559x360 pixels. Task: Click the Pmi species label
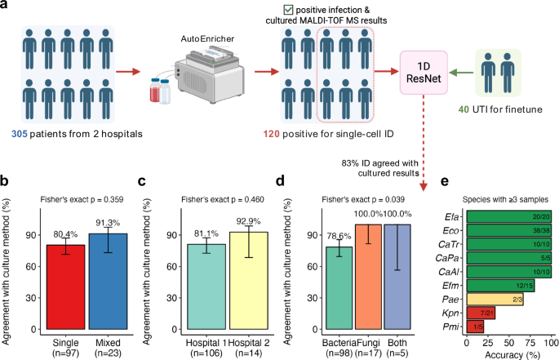pos(451,327)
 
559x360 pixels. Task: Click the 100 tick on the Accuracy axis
pos(551,344)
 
